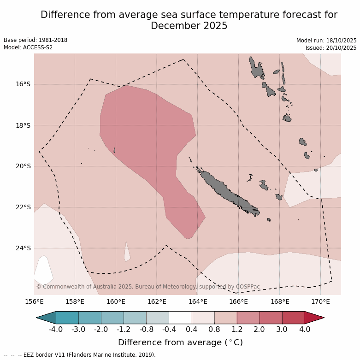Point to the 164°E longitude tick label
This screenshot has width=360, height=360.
(197, 302)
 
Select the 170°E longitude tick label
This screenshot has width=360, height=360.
(320, 302)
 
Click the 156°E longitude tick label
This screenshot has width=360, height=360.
(34, 302)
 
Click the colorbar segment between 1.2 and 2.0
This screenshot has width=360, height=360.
(248, 318)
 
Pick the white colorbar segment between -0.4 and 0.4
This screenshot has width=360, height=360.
(180, 318)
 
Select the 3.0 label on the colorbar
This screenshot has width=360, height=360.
(282, 330)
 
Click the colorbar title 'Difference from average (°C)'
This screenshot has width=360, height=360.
(180, 342)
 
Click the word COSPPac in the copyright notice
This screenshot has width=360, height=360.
(248, 287)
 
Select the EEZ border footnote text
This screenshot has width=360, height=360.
(88, 355)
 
